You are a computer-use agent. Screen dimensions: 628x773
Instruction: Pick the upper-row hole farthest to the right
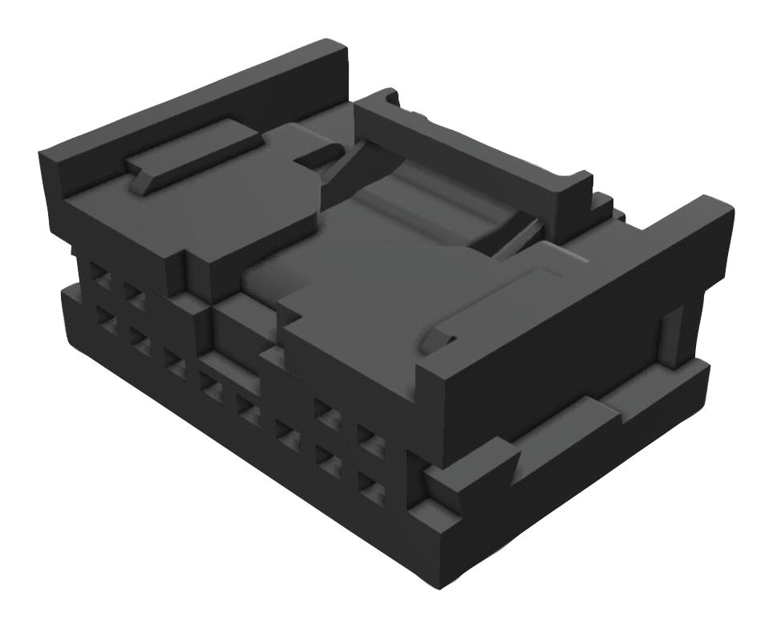[366, 439]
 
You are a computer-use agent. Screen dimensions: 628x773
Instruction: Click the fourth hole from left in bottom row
[212, 391]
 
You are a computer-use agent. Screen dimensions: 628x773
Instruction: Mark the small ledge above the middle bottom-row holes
[233, 368]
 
